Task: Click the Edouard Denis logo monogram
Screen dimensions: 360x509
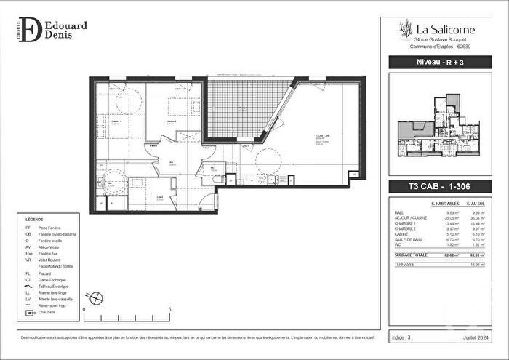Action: point(31,31)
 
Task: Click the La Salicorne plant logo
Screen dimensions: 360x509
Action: point(405,29)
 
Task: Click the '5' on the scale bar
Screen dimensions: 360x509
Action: point(169,309)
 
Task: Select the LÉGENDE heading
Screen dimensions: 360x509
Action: point(34,219)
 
